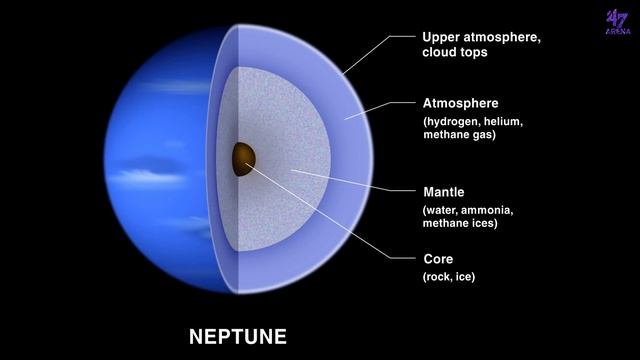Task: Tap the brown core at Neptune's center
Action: pyautogui.click(x=243, y=158)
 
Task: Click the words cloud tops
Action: pyautogui.click(x=456, y=54)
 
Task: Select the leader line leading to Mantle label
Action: pyautogui.click(x=350, y=181)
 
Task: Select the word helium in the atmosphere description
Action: pyautogui.click(x=506, y=121)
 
